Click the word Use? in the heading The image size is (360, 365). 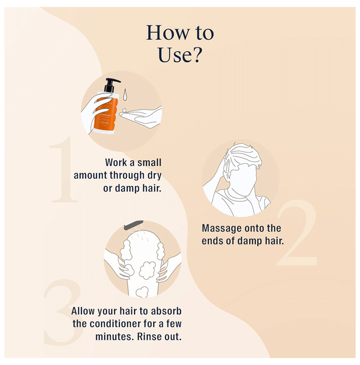[x=180, y=55]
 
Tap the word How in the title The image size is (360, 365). [x=167, y=33]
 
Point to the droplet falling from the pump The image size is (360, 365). [x=125, y=94]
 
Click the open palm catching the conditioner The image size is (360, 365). [x=142, y=117]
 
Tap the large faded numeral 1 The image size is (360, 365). [x=63, y=169]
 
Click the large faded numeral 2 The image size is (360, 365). [x=297, y=233]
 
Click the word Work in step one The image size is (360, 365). [x=116, y=163]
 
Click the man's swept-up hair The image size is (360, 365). [x=243, y=155]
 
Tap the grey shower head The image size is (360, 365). [x=134, y=225]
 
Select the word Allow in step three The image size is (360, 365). [x=83, y=311]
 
